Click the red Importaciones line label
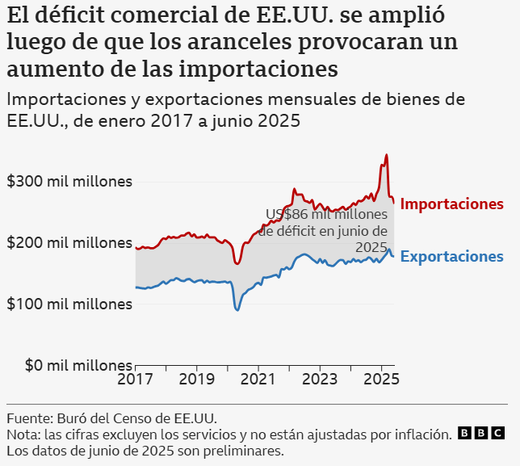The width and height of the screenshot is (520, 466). (451, 204)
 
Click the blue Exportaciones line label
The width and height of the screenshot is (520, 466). (451, 257)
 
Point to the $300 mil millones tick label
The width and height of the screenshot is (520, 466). (69, 181)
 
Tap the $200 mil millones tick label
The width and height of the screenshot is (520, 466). (69, 242)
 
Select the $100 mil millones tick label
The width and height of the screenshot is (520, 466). (69, 304)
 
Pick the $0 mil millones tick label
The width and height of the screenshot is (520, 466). (69, 365)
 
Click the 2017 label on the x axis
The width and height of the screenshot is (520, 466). (135, 379)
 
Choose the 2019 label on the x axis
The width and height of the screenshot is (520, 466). (196, 379)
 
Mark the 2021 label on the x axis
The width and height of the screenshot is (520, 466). (258, 379)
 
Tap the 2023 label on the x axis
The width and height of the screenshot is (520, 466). (319, 379)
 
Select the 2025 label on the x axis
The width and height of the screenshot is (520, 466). (380, 379)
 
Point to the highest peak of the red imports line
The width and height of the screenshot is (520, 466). (387, 155)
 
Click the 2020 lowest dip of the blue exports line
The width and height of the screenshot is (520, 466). (237, 309)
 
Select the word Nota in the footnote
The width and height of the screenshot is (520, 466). (23, 435)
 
